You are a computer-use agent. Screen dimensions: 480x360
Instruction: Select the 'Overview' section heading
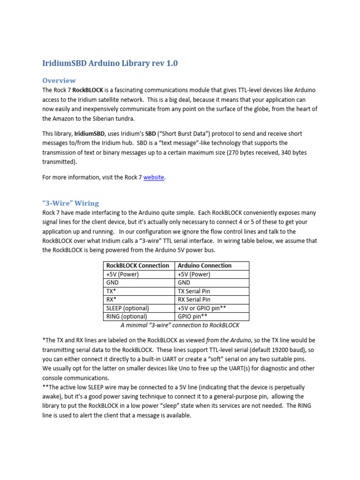click(x=59, y=80)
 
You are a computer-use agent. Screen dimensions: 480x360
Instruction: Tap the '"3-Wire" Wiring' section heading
click(x=70, y=203)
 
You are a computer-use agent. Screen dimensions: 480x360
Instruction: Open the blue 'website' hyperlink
click(x=154, y=178)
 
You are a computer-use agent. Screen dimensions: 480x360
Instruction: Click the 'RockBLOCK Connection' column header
click(x=138, y=265)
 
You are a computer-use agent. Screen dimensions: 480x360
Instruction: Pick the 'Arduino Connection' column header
click(x=205, y=265)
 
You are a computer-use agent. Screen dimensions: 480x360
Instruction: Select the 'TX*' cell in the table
click(x=112, y=291)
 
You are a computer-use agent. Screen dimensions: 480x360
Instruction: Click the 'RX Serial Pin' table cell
click(x=194, y=300)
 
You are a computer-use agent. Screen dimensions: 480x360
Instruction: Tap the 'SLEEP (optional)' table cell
click(x=128, y=308)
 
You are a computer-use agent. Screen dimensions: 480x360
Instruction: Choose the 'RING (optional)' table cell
click(x=126, y=316)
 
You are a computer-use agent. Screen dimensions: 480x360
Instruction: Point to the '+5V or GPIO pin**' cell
click(x=202, y=308)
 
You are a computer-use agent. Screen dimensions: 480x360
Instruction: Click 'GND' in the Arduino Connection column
click(x=184, y=283)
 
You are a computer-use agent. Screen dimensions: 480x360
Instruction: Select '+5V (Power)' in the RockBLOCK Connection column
click(x=123, y=274)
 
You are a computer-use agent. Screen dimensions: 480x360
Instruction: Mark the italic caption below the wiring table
click(x=173, y=325)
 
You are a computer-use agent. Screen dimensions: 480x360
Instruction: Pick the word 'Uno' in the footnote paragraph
click(x=181, y=368)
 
